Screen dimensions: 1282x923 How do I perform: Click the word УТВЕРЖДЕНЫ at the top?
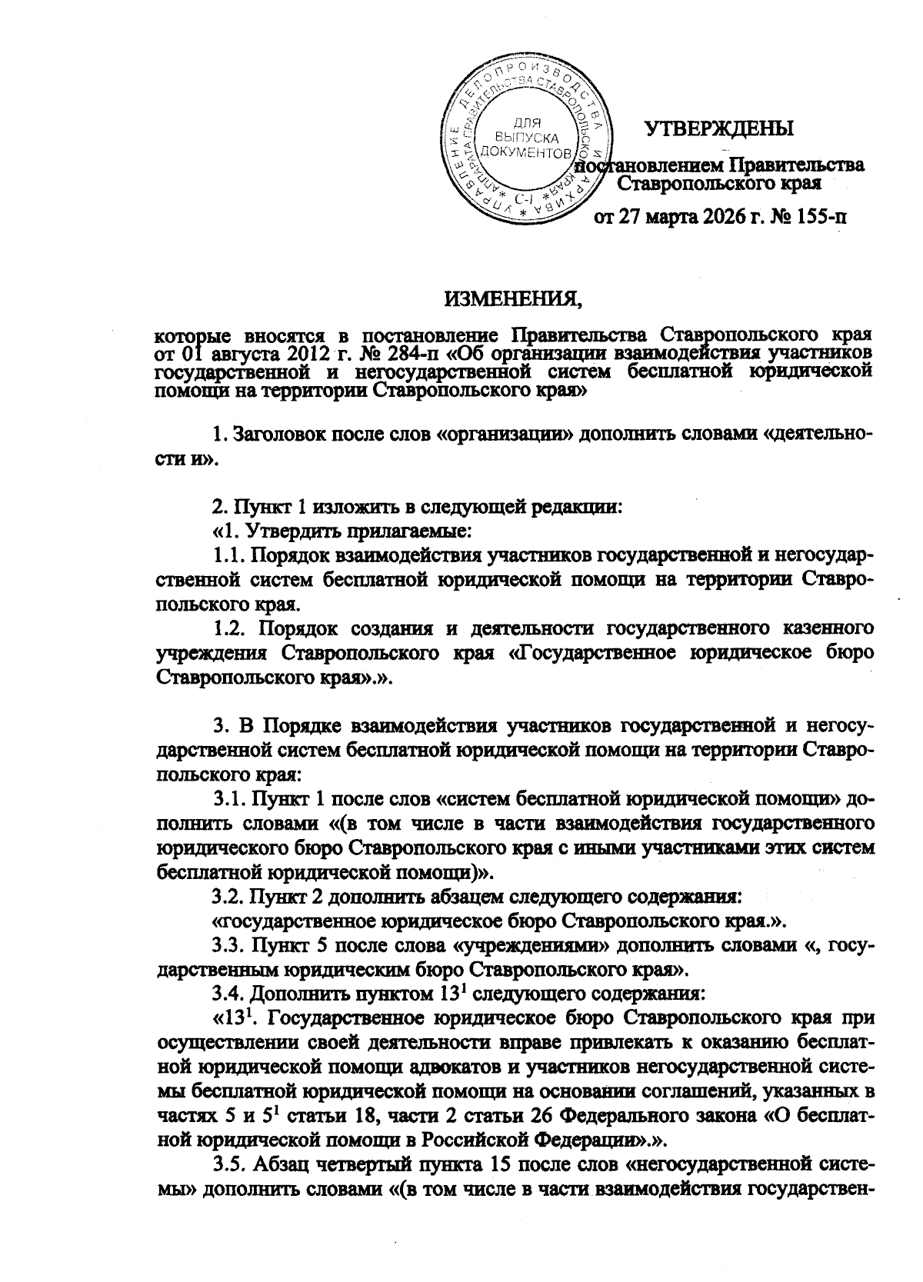click(719, 128)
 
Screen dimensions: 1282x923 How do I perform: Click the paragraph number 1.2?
click(229, 628)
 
